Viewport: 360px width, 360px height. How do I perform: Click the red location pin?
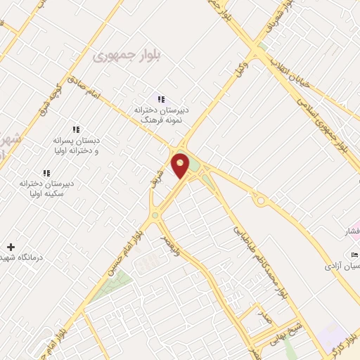180,165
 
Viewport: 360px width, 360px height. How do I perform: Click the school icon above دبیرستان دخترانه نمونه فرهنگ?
161,99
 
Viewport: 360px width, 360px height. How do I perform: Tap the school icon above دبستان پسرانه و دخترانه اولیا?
77,129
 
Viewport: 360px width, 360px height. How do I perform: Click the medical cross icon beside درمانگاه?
10,247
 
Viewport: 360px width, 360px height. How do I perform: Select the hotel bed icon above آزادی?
354,254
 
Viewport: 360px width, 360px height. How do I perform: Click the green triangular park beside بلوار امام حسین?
111,287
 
